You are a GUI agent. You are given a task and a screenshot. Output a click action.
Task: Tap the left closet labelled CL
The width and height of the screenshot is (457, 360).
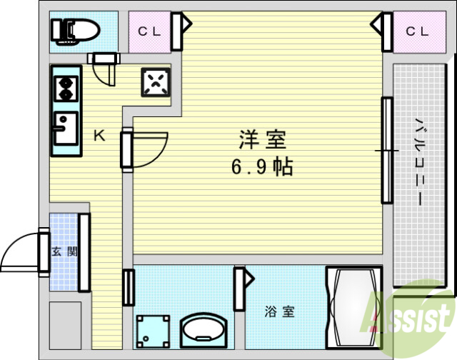(x=149, y=31)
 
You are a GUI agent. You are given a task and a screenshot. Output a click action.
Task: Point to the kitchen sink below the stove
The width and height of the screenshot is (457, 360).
(x=65, y=129)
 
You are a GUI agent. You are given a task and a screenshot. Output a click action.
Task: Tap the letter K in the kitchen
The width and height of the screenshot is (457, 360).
(x=100, y=135)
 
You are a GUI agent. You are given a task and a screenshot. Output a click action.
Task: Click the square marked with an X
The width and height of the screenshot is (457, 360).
(x=156, y=82)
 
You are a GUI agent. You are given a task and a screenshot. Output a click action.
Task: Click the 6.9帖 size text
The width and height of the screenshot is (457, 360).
(x=261, y=168)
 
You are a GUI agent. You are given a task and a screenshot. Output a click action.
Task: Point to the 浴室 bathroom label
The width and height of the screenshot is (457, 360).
(x=279, y=311)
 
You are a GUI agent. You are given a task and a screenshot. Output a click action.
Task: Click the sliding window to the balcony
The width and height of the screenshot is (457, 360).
(x=386, y=151)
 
